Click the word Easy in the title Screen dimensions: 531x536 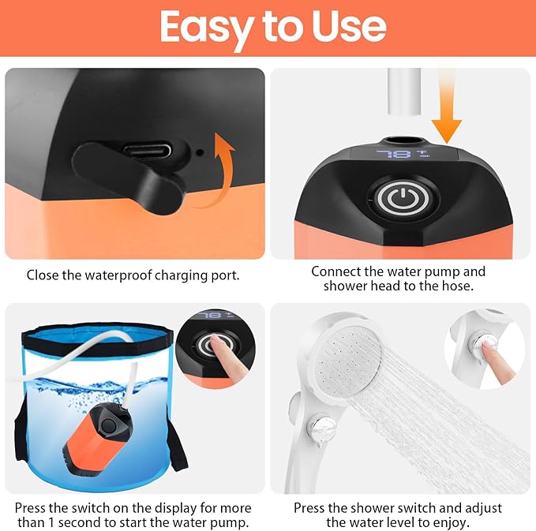pos(203,27)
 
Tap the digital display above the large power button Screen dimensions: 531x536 pos(399,154)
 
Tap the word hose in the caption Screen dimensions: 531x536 pos(456,286)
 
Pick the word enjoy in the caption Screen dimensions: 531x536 pos(453,523)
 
